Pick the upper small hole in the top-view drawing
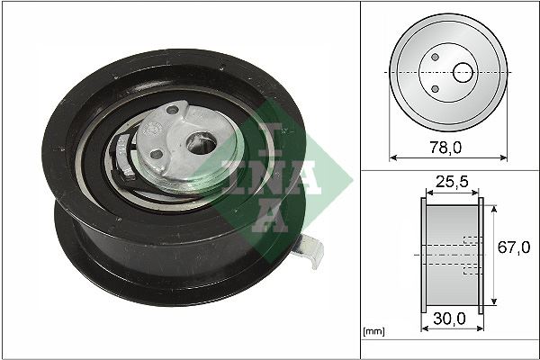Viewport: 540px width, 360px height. click(x=435, y=57)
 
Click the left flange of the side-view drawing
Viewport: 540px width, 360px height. click(x=424, y=256)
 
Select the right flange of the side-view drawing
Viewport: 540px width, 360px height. click(x=481, y=256)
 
